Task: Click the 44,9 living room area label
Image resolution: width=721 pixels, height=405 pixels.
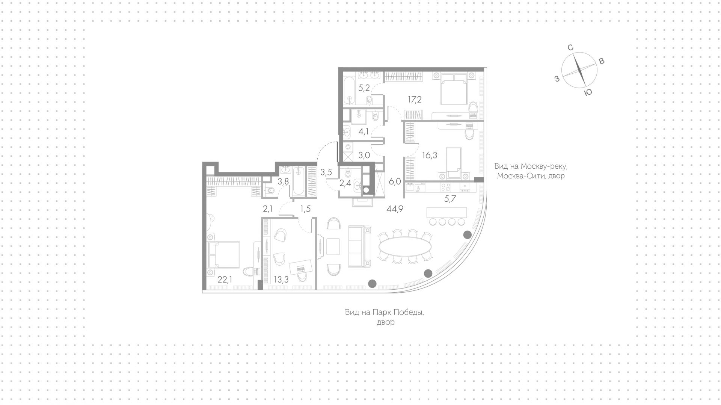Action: (x=395, y=209)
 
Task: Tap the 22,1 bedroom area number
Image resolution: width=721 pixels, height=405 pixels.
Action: (x=225, y=280)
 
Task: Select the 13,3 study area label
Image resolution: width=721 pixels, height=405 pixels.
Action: (x=281, y=280)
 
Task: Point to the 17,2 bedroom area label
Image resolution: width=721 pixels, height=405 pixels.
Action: (x=415, y=100)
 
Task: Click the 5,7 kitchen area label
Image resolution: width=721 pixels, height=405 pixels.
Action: (x=450, y=199)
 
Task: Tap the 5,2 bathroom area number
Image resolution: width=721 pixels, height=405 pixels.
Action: (x=364, y=88)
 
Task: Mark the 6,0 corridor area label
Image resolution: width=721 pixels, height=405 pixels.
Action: (x=395, y=181)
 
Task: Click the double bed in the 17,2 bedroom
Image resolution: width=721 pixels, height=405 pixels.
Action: (x=454, y=89)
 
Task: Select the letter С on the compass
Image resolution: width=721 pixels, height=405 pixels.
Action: (x=570, y=47)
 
